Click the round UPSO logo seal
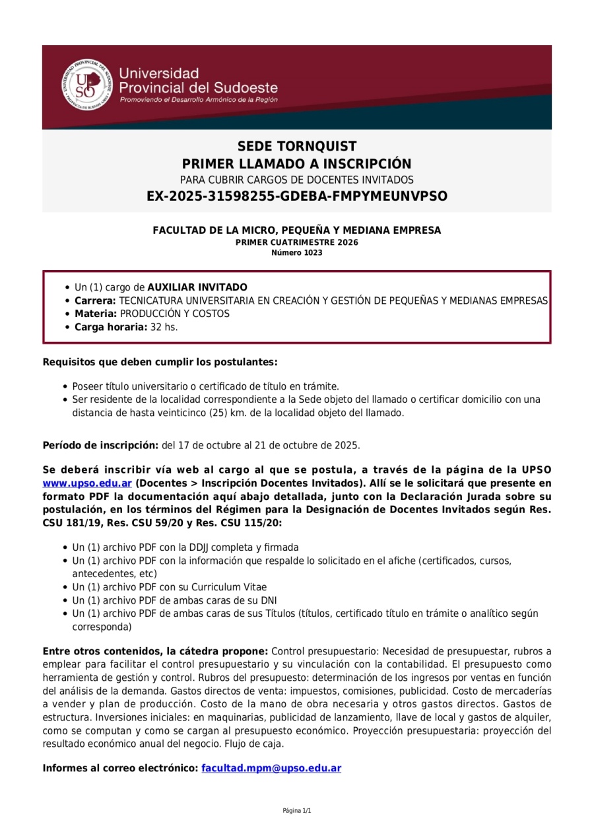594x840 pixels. [x=84, y=85]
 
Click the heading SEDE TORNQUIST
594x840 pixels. [x=297, y=147]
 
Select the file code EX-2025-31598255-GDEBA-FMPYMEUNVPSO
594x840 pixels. [x=297, y=196]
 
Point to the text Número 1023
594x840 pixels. [x=297, y=253]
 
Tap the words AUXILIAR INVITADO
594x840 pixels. [x=197, y=287]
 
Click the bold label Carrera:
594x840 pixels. [x=95, y=300]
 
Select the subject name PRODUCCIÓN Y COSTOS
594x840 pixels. [x=175, y=314]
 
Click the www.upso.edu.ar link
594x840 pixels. [x=87, y=483]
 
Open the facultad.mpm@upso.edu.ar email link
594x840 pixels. [x=271, y=769]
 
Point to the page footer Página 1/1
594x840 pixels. [x=297, y=811]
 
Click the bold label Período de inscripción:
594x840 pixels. [x=100, y=445]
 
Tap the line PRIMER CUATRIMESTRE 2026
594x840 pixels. [x=297, y=242]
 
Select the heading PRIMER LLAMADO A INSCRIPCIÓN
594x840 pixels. [x=297, y=164]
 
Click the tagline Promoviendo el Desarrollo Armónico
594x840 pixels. [x=198, y=100]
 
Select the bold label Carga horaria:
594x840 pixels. [x=110, y=327]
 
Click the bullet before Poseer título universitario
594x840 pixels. [x=65, y=386]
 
